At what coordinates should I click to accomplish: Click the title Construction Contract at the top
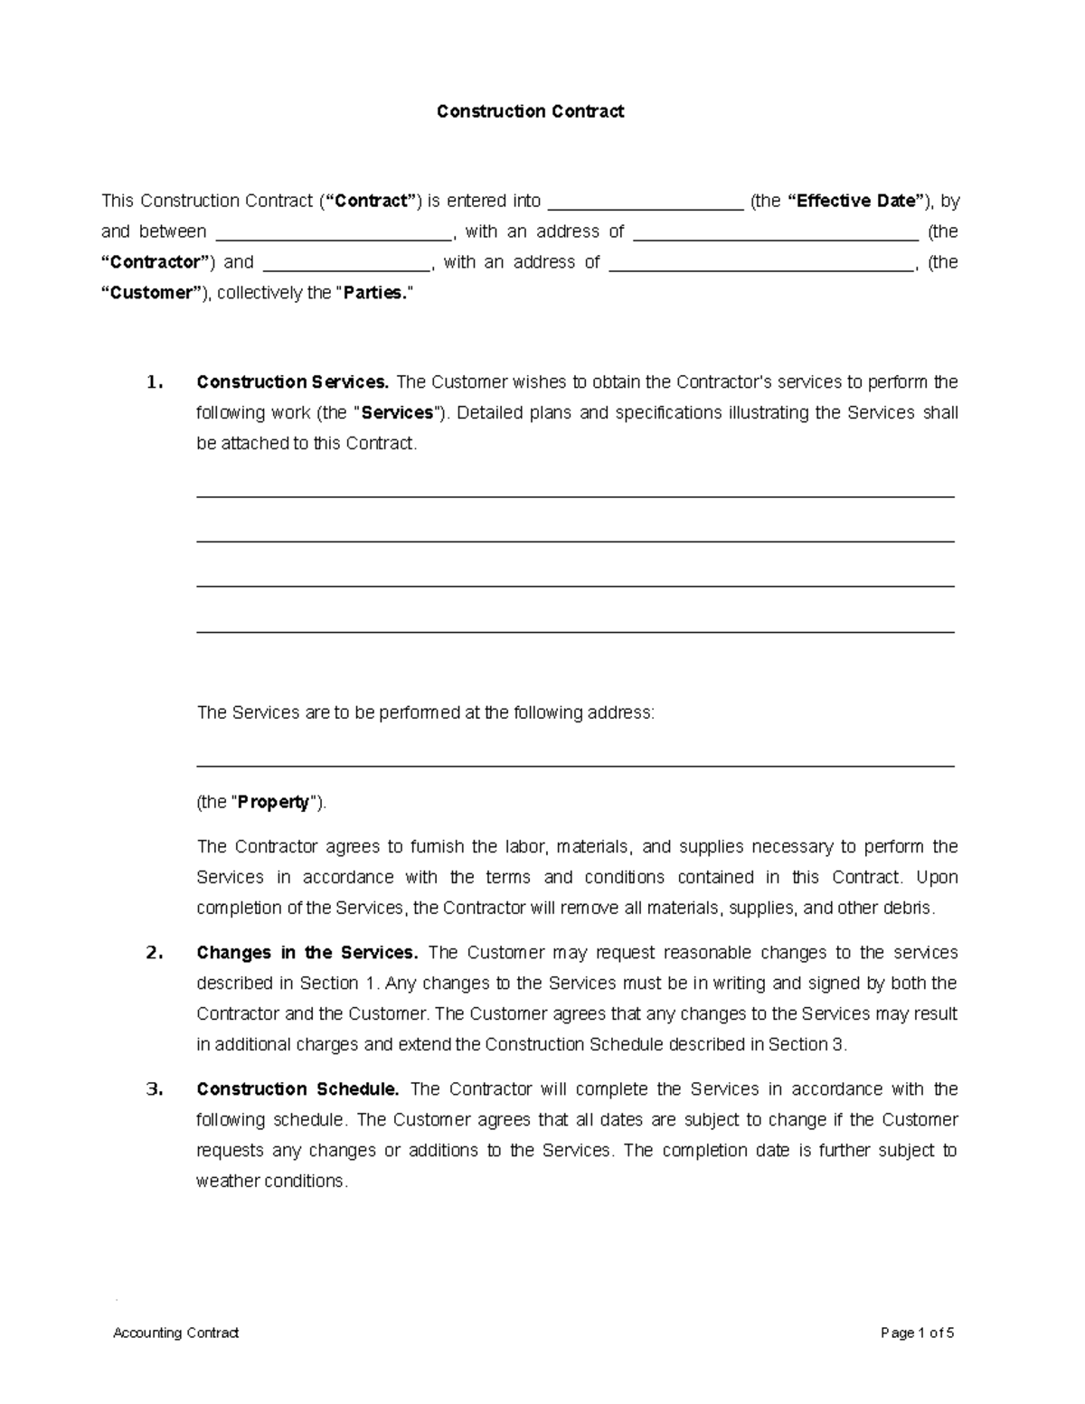530,111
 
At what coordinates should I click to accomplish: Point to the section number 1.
155,382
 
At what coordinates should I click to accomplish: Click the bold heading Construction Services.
293,382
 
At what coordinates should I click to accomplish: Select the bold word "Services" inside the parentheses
397,413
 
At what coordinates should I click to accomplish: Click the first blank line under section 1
575,496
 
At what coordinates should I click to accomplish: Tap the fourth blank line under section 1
575,632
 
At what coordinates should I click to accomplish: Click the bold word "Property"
273,803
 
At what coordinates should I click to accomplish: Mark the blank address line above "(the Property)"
575,767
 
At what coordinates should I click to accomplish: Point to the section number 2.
155,953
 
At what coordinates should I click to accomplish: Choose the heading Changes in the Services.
307,953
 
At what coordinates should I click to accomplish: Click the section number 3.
155,1089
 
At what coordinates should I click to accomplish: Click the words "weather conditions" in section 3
270,1182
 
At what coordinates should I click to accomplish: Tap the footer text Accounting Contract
176,1333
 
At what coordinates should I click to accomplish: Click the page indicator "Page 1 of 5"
918,1333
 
